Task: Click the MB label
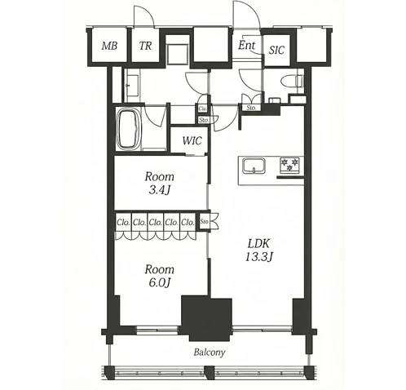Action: [x=109, y=46]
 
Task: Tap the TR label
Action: [x=145, y=46]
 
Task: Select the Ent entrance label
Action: [x=247, y=45]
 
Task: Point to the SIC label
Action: [x=276, y=50]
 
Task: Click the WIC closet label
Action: [x=192, y=140]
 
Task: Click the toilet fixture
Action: [x=292, y=81]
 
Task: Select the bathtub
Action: [x=129, y=129]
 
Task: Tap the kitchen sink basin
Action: [x=254, y=166]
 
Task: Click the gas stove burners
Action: [x=289, y=165]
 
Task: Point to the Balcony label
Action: [x=210, y=352]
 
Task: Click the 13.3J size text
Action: [x=259, y=257]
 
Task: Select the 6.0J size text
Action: [x=160, y=283]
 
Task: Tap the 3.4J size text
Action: [x=160, y=191]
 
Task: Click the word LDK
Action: [x=258, y=244]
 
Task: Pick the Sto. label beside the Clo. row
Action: [x=204, y=222]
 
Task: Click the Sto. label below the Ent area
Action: [x=251, y=108]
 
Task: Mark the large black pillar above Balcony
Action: [x=206, y=318]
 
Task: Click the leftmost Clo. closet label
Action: [x=123, y=223]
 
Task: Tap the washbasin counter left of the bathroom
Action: [x=132, y=86]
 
